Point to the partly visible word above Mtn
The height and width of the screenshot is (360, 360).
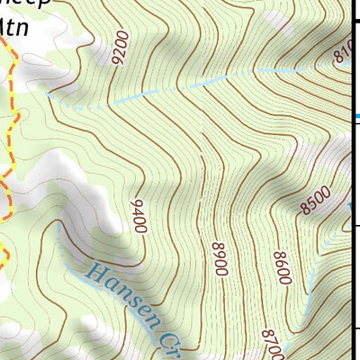tap(27, 4)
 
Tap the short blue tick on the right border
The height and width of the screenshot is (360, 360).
tap(356, 116)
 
